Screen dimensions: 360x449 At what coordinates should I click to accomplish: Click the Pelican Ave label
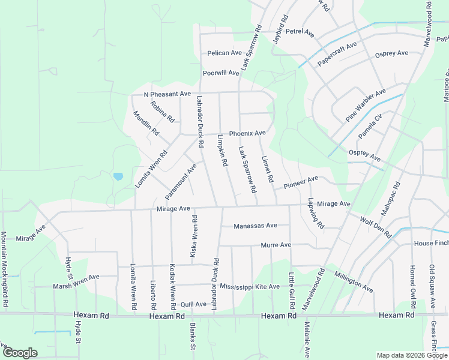coord(224,53)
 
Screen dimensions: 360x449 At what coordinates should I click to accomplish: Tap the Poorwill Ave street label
coord(221,73)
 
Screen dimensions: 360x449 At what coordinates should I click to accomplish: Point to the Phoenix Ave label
coord(247,133)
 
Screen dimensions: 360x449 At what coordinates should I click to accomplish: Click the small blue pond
coord(118,176)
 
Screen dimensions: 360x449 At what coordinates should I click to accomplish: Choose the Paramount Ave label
coord(181,181)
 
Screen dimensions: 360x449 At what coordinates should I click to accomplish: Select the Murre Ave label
coord(276,245)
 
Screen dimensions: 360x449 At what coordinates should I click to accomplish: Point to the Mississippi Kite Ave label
coord(250,287)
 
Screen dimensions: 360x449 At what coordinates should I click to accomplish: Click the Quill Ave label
coord(193,304)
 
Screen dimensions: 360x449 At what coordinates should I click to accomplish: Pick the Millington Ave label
coord(354,281)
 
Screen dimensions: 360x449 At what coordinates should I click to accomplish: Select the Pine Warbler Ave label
coord(365,106)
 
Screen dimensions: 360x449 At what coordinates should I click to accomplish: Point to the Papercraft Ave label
coord(337,53)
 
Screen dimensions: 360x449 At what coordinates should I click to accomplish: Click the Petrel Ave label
coord(300,31)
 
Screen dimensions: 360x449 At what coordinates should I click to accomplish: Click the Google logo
coord(19,353)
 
